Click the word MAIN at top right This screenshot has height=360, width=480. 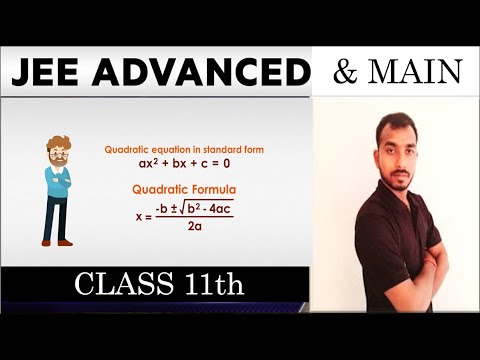pyautogui.click(x=412, y=72)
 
